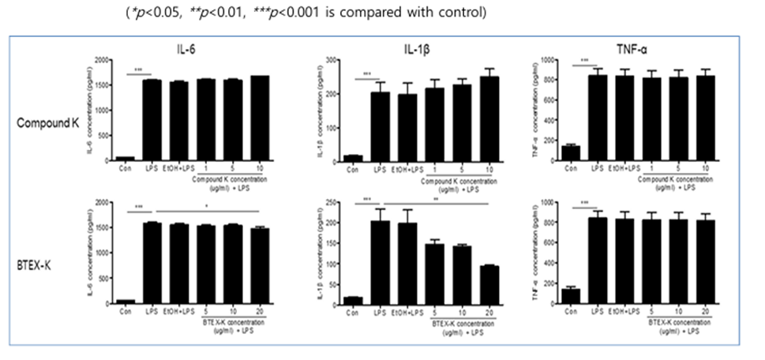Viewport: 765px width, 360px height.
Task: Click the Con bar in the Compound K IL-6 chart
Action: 124,159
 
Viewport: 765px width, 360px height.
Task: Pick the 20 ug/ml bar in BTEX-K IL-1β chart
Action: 489,283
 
